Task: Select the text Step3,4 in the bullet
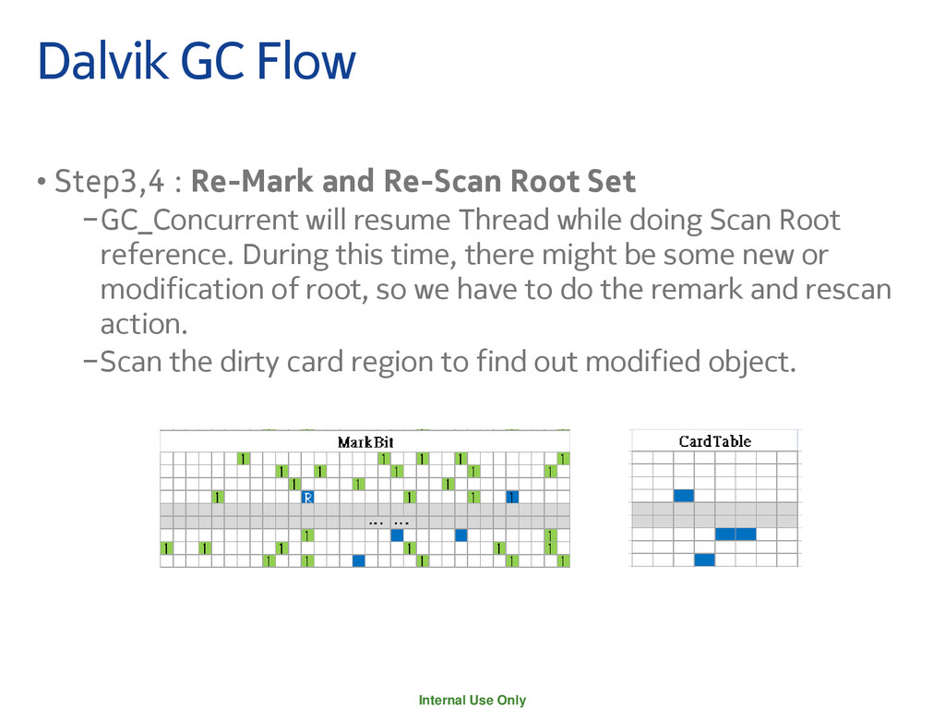(x=111, y=182)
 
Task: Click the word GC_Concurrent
(x=199, y=222)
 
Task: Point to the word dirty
(x=243, y=361)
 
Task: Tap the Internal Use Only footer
(x=472, y=700)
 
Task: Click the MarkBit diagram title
(x=365, y=442)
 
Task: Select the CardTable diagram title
(x=715, y=441)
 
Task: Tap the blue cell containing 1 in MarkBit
(x=512, y=497)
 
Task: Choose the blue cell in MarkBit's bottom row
(x=359, y=560)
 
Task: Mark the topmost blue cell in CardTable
(x=684, y=496)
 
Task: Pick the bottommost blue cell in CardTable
(x=704, y=559)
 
